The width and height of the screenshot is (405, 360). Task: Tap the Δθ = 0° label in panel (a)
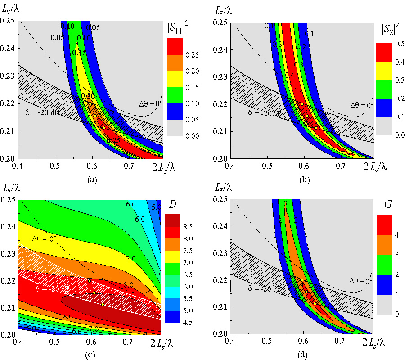tap(150, 103)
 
